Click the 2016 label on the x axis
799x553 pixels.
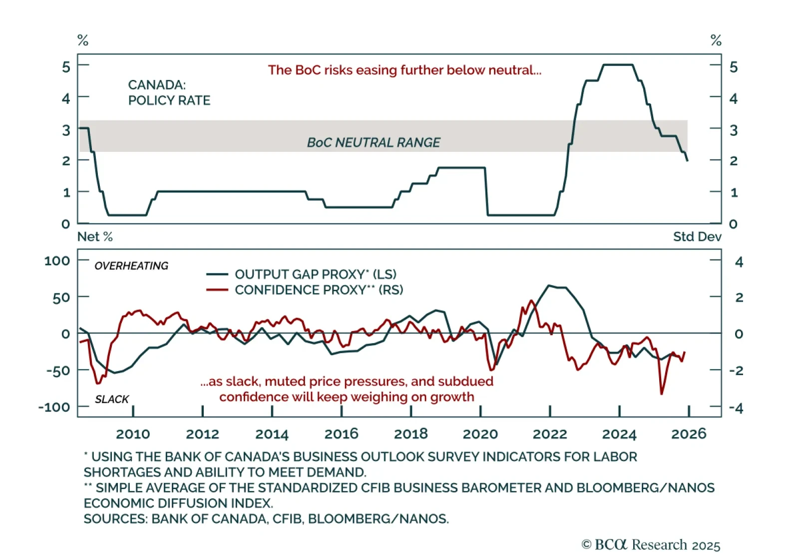pos(341,434)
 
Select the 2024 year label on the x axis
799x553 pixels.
pos(619,434)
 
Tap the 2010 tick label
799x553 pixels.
pos(133,434)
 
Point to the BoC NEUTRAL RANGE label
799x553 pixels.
pos(374,143)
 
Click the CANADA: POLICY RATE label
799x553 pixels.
pos(169,93)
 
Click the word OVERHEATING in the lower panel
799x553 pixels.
pos(131,266)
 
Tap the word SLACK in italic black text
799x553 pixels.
pos(112,399)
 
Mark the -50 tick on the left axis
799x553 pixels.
pos(58,371)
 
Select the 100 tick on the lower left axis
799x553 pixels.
pos(57,261)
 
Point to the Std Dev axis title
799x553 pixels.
pos(697,237)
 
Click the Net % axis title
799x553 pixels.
pos(95,237)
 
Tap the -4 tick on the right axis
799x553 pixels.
pos(736,408)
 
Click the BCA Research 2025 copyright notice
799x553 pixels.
pos(651,545)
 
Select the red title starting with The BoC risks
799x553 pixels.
pos(404,70)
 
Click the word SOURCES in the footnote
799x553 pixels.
pos(115,519)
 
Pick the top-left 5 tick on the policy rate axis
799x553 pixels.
pos(66,66)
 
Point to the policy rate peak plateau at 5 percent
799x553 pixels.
pos(618,65)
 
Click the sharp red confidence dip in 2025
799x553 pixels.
pos(662,394)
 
